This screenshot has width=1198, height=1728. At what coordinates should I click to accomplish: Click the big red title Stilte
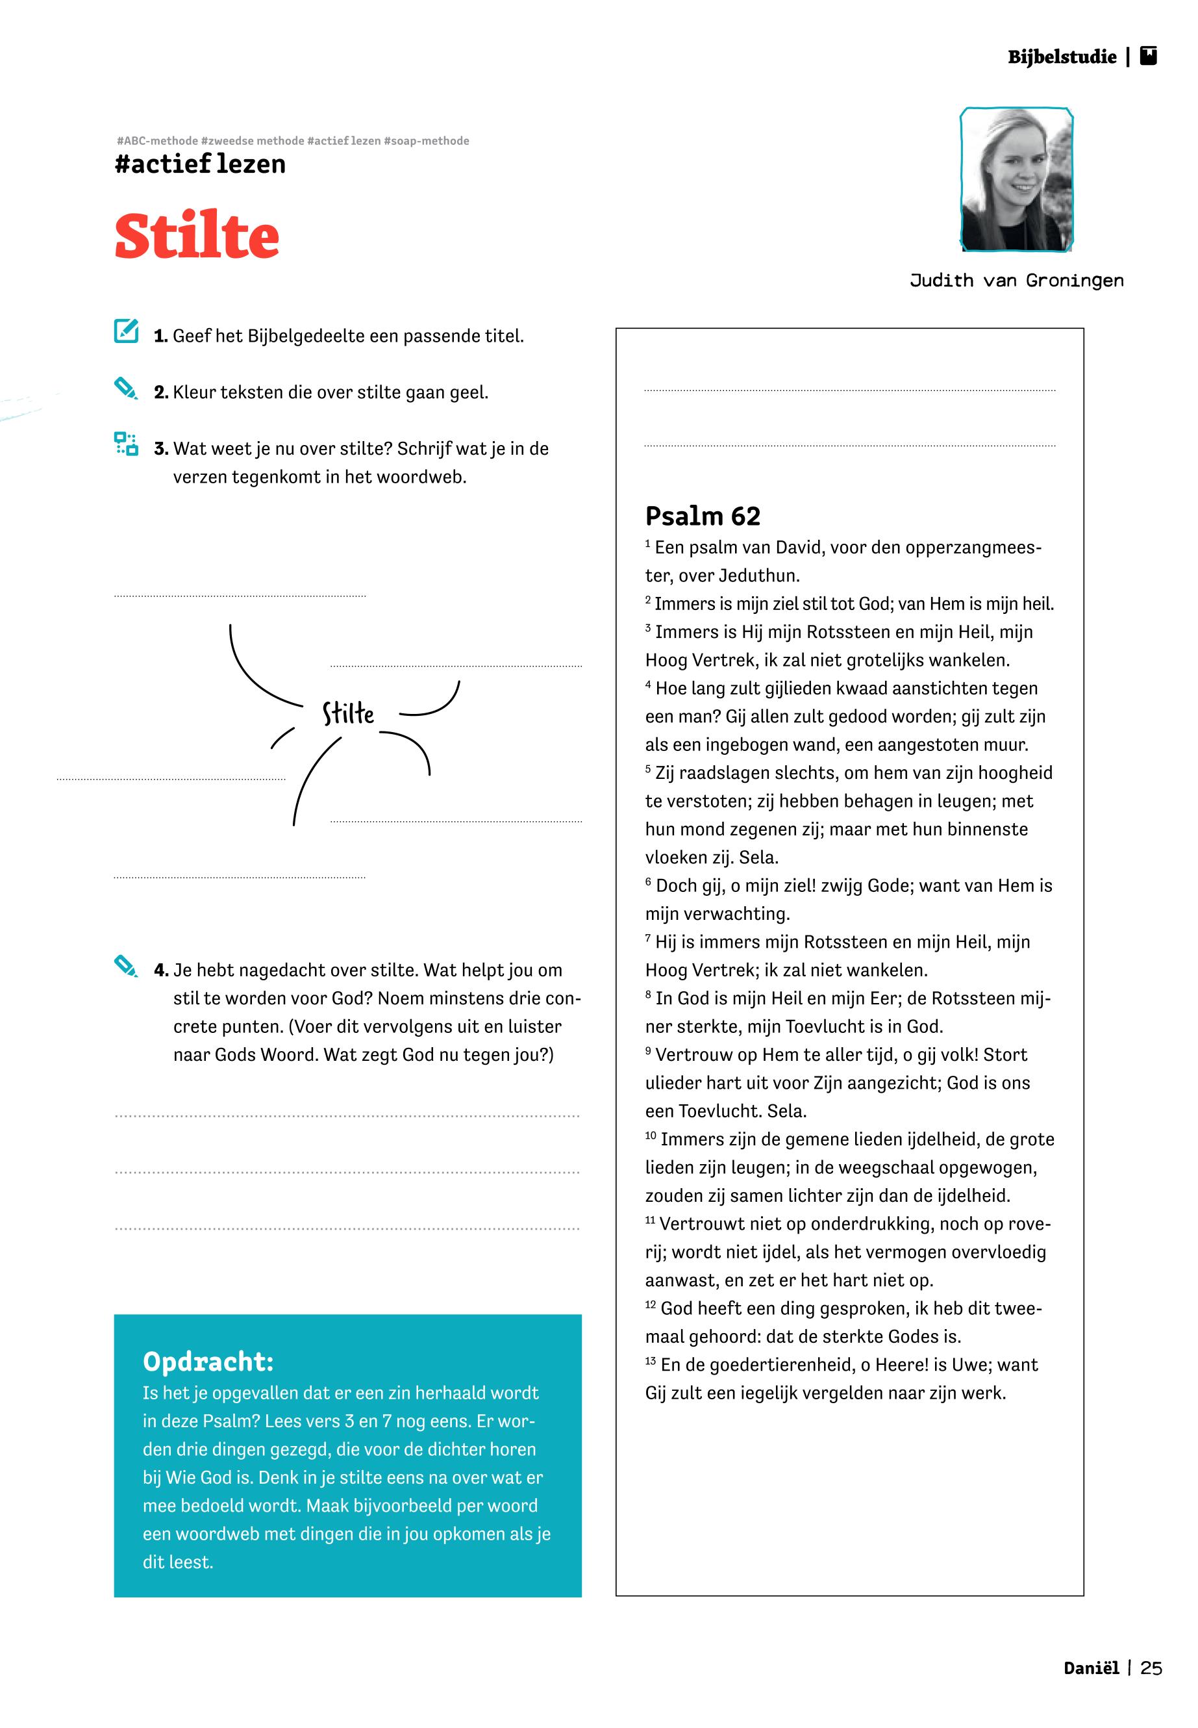tap(197, 236)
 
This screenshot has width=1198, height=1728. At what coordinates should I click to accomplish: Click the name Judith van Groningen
tap(1016, 281)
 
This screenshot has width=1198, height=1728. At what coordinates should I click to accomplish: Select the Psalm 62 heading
tap(703, 516)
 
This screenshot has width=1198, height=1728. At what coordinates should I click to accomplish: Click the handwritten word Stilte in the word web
tap(348, 713)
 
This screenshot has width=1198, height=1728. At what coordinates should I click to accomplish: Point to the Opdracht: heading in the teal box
tap(208, 1362)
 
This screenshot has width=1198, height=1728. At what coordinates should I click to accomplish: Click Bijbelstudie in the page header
tap(1062, 57)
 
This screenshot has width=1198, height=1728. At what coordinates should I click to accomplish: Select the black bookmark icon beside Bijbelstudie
tap(1148, 57)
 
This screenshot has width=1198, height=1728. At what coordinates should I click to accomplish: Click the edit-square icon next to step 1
tap(126, 331)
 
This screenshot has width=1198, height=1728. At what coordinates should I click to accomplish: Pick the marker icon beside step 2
tap(125, 388)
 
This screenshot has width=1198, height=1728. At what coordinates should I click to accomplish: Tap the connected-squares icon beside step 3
tap(125, 444)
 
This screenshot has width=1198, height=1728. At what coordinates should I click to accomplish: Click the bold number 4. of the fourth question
tap(160, 971)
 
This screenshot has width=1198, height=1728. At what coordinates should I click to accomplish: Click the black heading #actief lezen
tap(200, 164)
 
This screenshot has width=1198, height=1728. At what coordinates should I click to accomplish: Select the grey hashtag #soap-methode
tap(427, 141)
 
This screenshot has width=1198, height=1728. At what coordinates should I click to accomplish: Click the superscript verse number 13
tap(650, 1361)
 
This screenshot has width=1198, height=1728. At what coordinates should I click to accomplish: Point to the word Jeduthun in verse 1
tap(759, 576)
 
